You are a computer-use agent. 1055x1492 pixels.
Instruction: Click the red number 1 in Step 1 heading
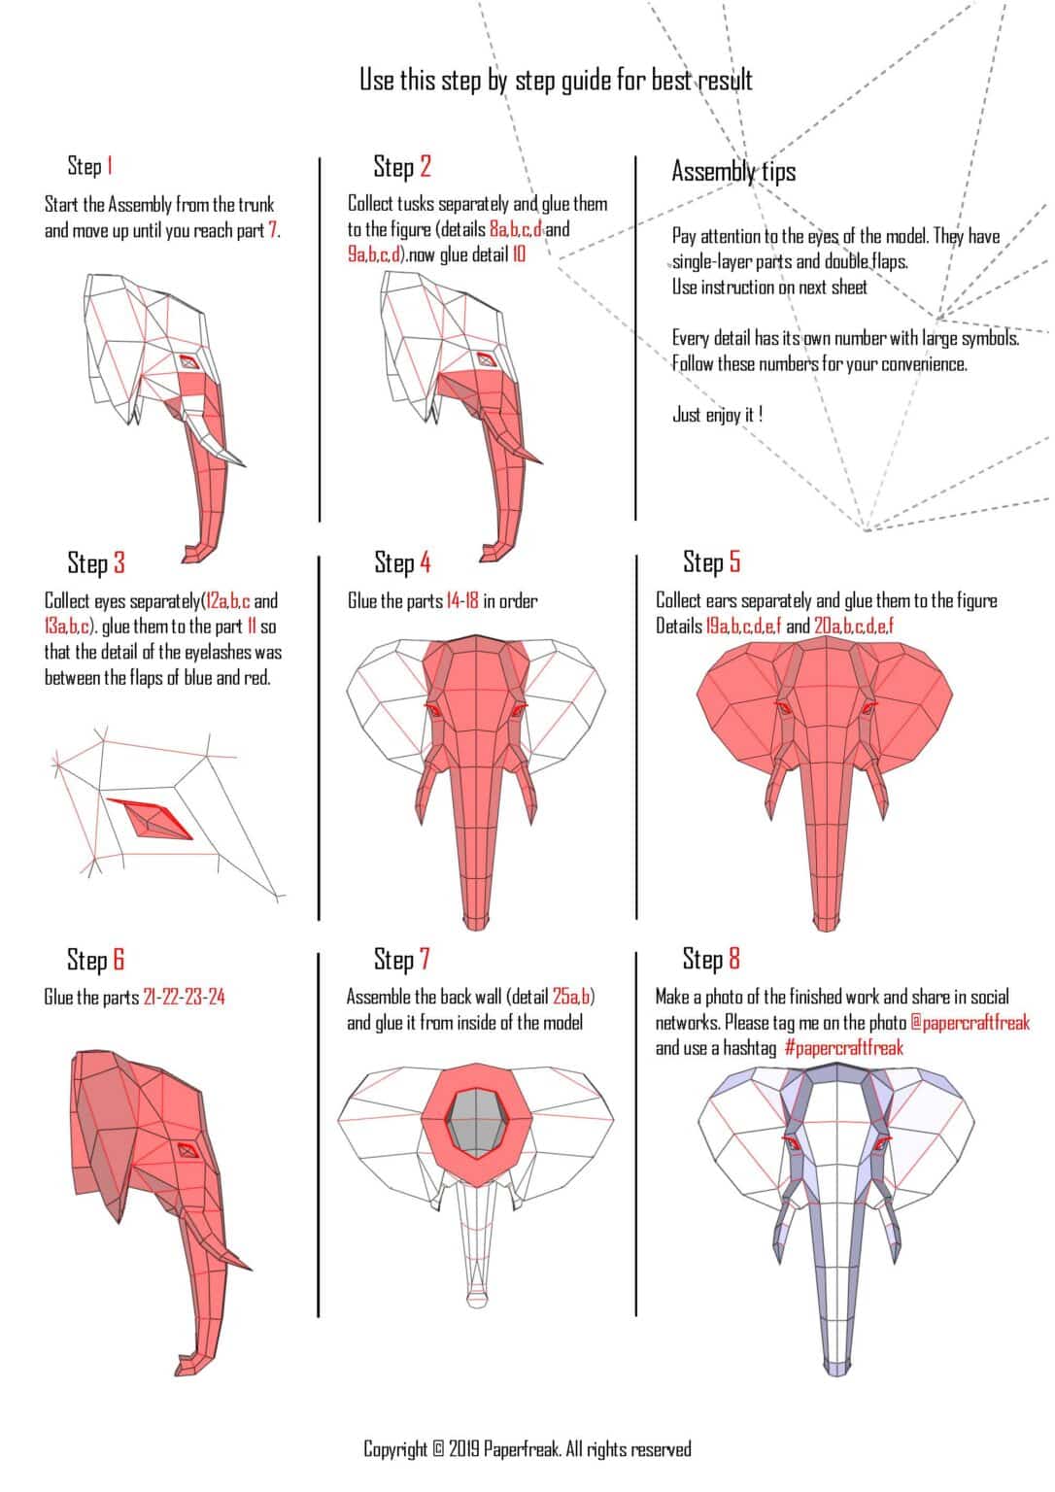(110, 166)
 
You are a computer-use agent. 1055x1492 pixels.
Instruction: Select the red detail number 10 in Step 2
(519, 254)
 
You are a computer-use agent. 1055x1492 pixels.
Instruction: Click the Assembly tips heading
(733, 172)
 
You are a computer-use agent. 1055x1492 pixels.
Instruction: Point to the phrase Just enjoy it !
(717, 415)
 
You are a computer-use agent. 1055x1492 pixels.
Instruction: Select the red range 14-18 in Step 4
(461, 601)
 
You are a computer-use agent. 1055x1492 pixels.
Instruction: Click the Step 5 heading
(711, 561)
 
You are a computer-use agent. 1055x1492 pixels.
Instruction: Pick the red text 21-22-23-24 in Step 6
(184, 998)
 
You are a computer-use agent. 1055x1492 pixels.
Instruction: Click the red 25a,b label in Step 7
(572, 997)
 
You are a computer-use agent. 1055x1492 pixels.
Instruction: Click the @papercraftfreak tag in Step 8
(970, 1023)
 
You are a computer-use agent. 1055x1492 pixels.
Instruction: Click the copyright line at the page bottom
(527, 1449)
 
